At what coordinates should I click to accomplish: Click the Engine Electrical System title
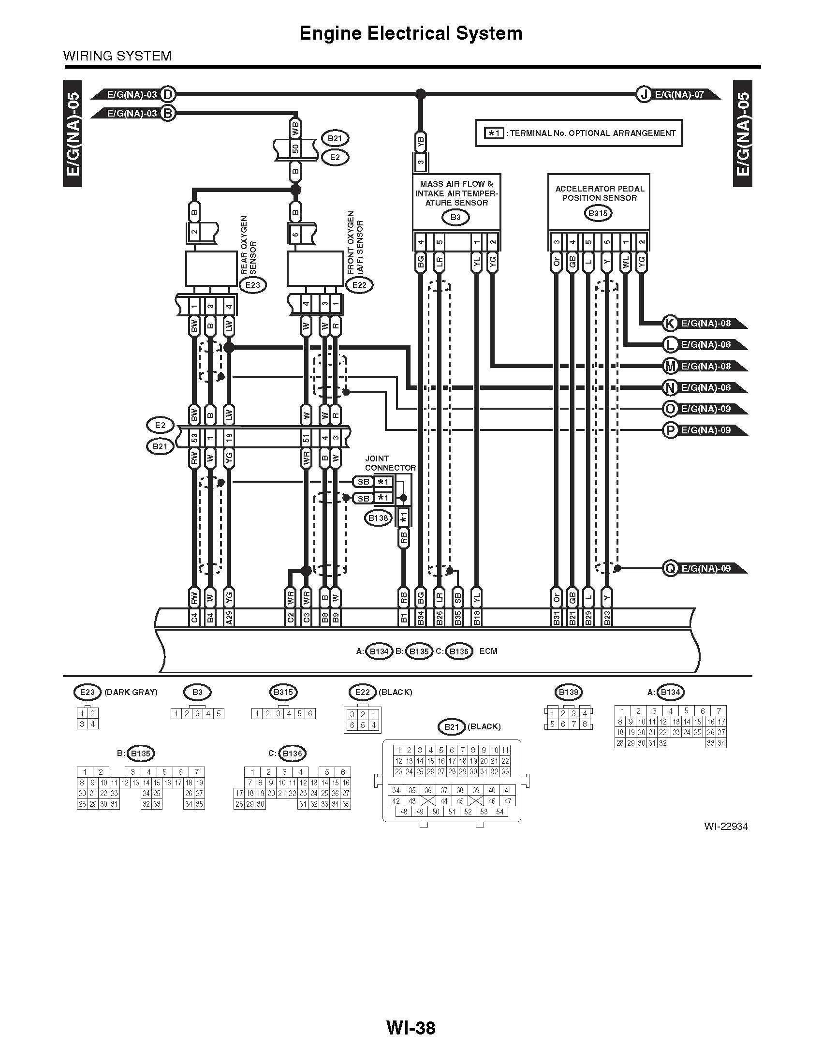(x=411, y=33)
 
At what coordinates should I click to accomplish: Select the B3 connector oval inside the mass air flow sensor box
(x=455, y=217)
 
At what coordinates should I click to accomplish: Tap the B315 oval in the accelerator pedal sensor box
(x=598, y=213)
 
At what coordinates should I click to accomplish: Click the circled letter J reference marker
(x=644, y=94)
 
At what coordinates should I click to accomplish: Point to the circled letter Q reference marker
(x=670, y=568)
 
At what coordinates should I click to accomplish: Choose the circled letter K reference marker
(x=670, y=323)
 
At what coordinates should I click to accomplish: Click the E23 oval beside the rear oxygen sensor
(x=253, y=284)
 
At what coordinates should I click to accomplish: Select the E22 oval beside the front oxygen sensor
(x=359, y=284)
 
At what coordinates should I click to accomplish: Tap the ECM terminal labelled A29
(x=229, y=618)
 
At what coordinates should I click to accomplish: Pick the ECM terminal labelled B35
(x=457, y=618)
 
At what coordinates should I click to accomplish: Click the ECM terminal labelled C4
(x=194, y=618)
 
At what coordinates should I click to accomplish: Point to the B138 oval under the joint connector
(x=378, y=518)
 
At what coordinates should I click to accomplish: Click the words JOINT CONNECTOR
(x=390, y=463)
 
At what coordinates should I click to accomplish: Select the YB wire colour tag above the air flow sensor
(x=421, y=142)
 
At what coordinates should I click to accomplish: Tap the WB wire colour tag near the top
(x=295, y=130)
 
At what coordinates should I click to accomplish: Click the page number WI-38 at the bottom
(x=411, y=1027)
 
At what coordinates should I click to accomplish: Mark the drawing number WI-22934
(x=725, y=826)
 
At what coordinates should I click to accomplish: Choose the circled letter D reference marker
(x=167, y=94)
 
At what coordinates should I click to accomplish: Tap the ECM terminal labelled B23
(x=607, y=618)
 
